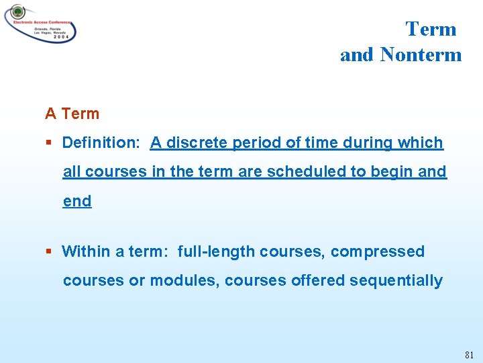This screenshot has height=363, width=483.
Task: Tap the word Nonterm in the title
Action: tap(421, 54)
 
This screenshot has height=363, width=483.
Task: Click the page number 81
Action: tap(468, 354)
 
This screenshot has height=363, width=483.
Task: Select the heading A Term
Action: tap(72, 114)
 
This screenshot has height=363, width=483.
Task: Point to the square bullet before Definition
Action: tap(49, 143)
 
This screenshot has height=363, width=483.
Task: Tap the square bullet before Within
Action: tap(49, 251)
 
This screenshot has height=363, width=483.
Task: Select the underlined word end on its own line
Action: tap(77, 201)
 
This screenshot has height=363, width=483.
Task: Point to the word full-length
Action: tap(217, 251)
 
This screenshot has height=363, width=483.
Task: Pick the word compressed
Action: tap(377, 251)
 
